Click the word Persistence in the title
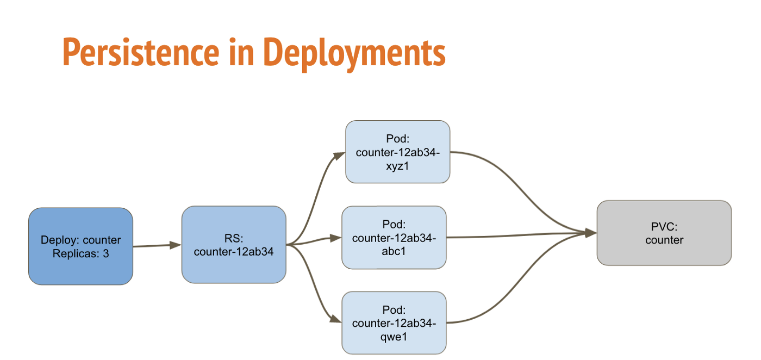pyautogui.click(x=141, y=52)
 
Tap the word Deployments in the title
pyautogui.click(x=354, y=54)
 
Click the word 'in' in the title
pyautogui.click(x=241, y=52)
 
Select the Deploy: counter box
pyautogui.click(x=80, y=246)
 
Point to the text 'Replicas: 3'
pyautogui.click(x=80, y=253)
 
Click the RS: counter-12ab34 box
pyautogui.click(x=234, y=245)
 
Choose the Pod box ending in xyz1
pyautogui.click(x=397, y=152)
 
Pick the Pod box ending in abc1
pyautogui.click(x=394, y=238)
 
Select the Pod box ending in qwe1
pyautogui.click(x=394, y=323)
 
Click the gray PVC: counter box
pyautogui.click(x=664, y=233)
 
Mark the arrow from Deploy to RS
pyautogui.click(x=157, y=245)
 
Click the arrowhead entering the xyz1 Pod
pyautogui.click(x=339, y=156)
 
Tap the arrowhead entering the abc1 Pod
pyautogui.click(x=336, y=238)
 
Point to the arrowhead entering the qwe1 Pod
pyautogui.click(x=336, y=319)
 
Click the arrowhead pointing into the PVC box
pyautogui.click(x=591, y=233)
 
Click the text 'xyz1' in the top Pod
pyautogui.click(x=397, y=166)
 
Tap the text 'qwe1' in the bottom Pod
pyautogui.click(x=394, y=337)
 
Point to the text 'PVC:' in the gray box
pyautogui.click(x=664, y=226)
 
